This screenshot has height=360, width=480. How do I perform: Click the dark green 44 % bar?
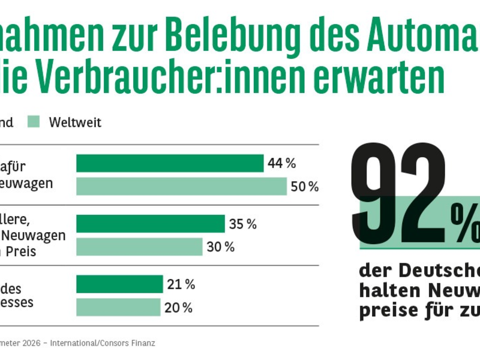click(170, 163)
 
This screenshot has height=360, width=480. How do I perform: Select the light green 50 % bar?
click(181, 187)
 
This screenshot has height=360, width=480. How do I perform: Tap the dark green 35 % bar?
click(150, 224)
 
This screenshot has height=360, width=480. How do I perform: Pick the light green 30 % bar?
click(139, 247)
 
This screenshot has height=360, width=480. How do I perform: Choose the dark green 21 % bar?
click(119, 284)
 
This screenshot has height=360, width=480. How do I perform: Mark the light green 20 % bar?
click(118, 307)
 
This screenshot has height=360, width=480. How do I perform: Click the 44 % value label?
click(282, 163)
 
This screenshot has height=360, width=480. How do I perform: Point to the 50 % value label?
click(305, 187)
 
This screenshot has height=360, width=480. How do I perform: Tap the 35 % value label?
click(243, 224)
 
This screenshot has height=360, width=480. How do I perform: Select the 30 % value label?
click(221, 247)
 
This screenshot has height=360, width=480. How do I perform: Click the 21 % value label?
click(181, 284)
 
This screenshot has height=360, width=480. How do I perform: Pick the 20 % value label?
click(179, 308)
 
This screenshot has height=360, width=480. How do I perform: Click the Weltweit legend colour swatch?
click(34, 122)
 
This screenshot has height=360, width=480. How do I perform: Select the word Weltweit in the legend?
click(75, 122)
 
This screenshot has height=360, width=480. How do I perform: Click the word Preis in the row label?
click(22, 252)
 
